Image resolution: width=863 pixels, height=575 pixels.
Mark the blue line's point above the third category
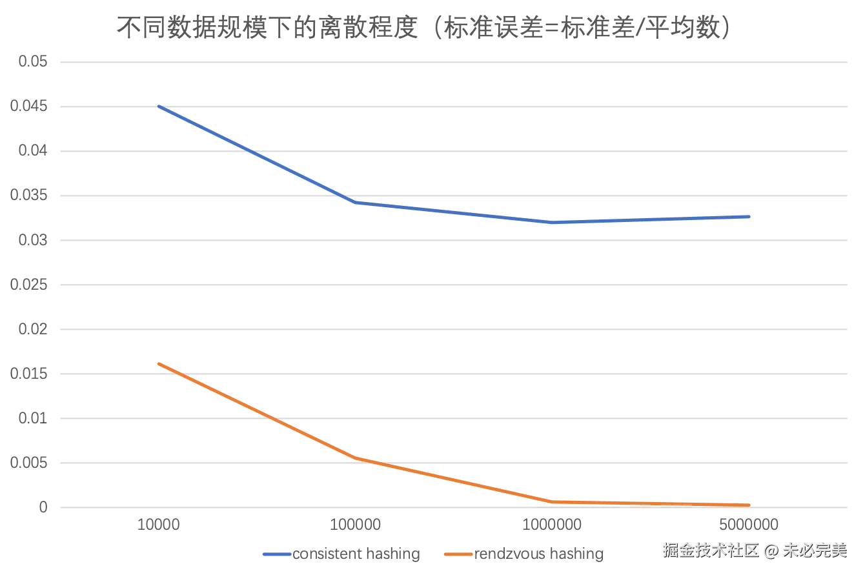coord(553,223)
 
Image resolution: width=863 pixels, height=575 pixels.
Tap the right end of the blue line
coord(751,216)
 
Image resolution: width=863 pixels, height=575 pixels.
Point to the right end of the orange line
coord(751,505)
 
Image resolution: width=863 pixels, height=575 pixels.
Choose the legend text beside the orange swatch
coord(539,554)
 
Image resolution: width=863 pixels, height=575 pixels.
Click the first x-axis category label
coord(157,523)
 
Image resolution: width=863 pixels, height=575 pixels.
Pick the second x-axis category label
coord(356,523)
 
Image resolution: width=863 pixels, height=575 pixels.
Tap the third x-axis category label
coord(553,523)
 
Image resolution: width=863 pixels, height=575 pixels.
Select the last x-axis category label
coord(750,523)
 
